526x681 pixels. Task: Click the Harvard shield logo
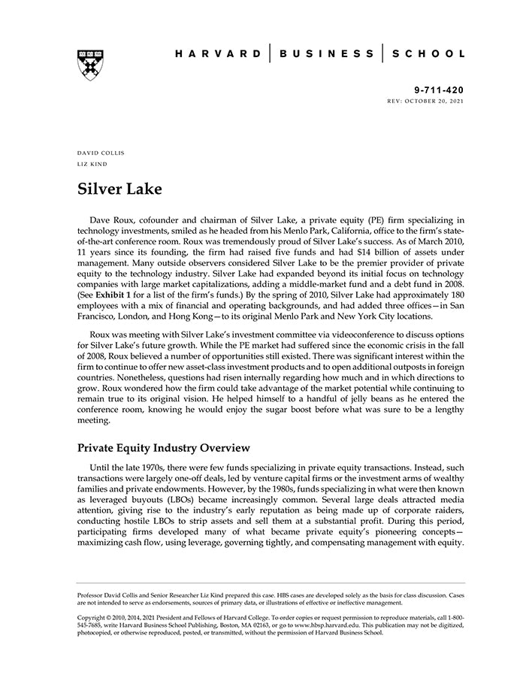tap(89, 65)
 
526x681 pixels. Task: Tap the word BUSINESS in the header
tap(326, 53)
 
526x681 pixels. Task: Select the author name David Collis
tap(101, 153)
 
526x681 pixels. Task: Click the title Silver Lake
tap(119, 189)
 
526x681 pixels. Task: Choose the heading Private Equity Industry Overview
tap(163, 449)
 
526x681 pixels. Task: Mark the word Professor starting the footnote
tap(93, 595)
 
